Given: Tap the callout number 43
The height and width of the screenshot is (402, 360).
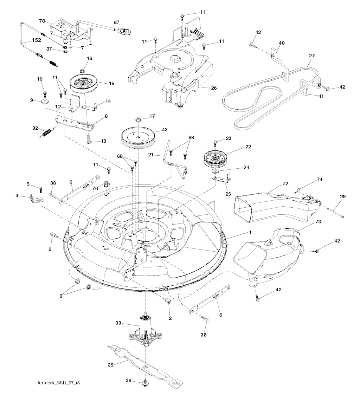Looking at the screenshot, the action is click(x=165, y=129).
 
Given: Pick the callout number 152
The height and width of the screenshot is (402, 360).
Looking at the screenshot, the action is click(x=36, y=40).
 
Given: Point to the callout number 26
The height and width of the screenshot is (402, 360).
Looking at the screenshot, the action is click(x=214, y=88).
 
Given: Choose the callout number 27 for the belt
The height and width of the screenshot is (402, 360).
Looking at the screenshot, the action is click(x=312, y=56).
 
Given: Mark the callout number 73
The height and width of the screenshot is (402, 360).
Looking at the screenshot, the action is click(x=318, y=221).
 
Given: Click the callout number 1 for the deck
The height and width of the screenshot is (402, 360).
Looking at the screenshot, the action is click(x=250, y=232).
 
